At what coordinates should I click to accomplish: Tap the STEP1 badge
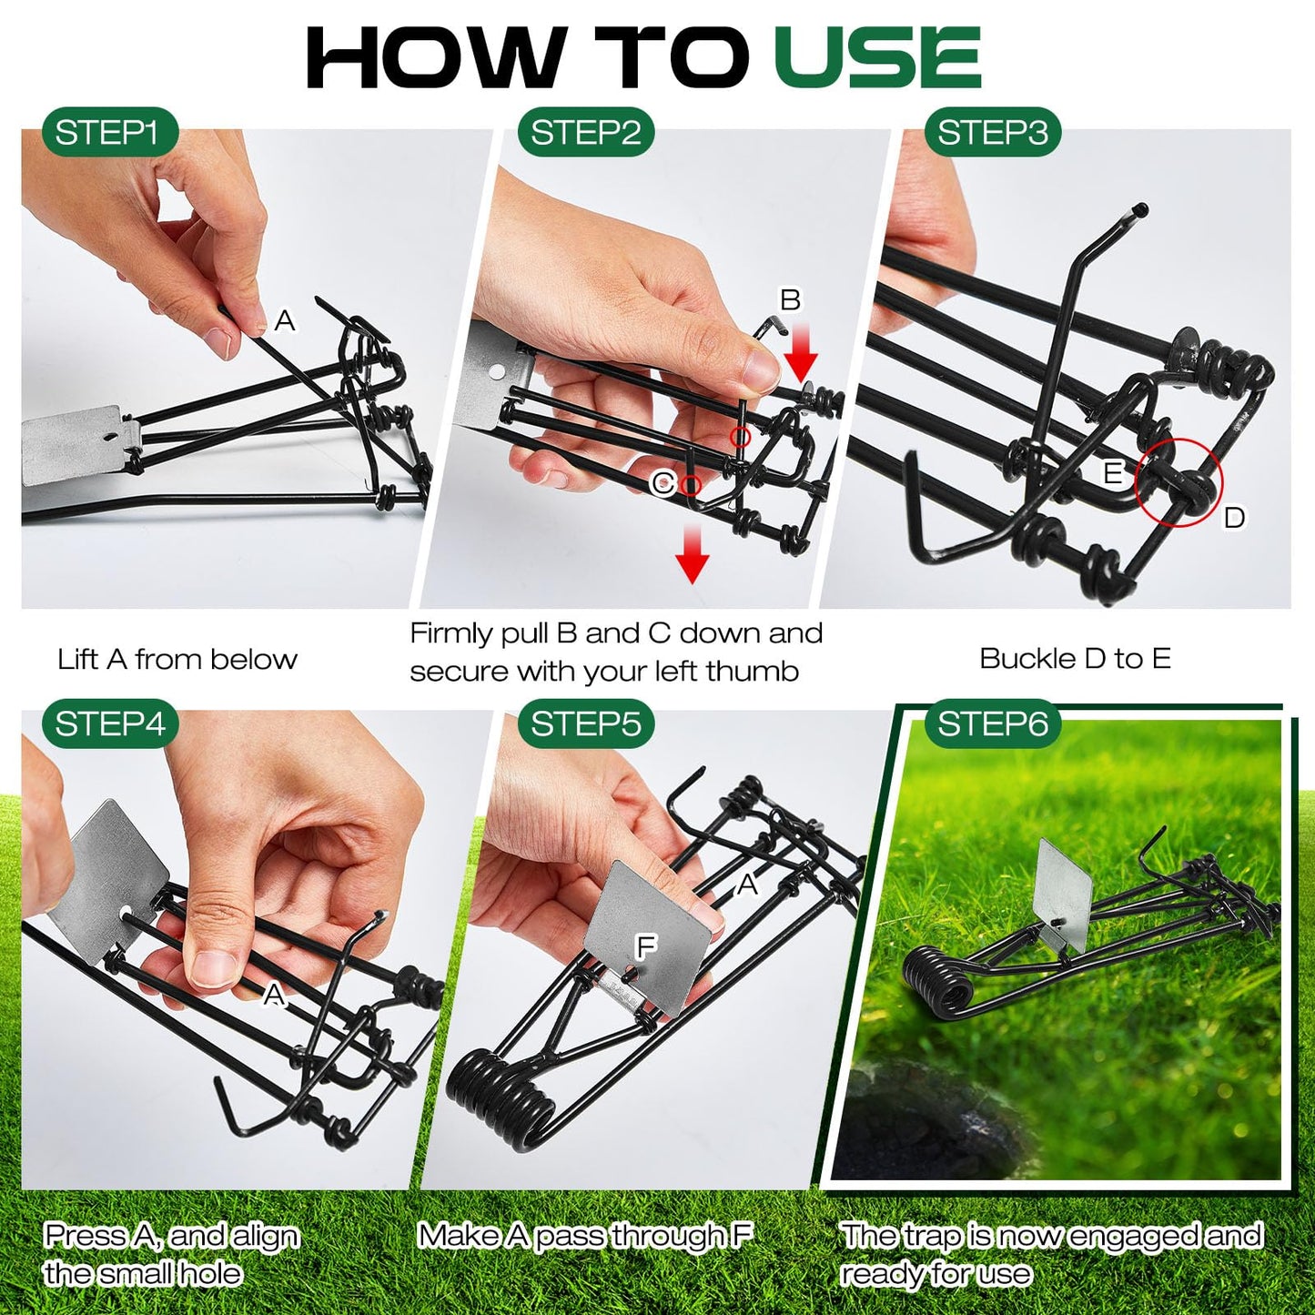[108, 133]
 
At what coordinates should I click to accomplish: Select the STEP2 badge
[585, 133]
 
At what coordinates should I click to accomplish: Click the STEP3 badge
[992, 133]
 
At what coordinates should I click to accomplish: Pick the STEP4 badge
[109, 724]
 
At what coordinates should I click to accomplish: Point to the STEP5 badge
[585, 724]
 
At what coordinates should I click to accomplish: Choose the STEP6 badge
[992, 724]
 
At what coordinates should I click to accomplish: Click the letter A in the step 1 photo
[285, 320]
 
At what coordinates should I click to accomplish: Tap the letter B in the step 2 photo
[790, 299]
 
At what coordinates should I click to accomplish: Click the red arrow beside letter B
[801, 356]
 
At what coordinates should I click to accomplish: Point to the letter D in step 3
[1234, 518]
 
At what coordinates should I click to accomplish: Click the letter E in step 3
[1112, 473]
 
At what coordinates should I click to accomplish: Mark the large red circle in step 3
[1179, 483]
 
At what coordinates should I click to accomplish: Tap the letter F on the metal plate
[645, 947]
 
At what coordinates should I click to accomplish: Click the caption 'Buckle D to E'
[1075, 658]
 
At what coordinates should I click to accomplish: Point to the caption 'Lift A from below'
[177, 659]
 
